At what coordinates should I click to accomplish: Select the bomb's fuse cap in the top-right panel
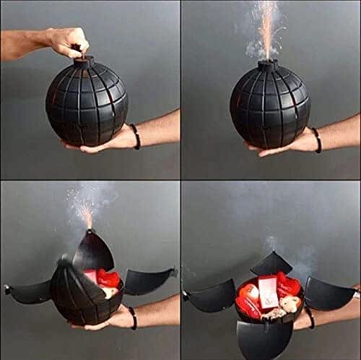click(x=268, y=66)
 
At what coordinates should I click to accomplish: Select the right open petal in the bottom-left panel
click(x=148, y=280)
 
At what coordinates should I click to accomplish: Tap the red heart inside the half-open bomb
click(x=108, y=278)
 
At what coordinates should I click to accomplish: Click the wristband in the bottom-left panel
click(x=133, y=317)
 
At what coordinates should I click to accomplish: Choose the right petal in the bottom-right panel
click(x=329, y=293)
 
